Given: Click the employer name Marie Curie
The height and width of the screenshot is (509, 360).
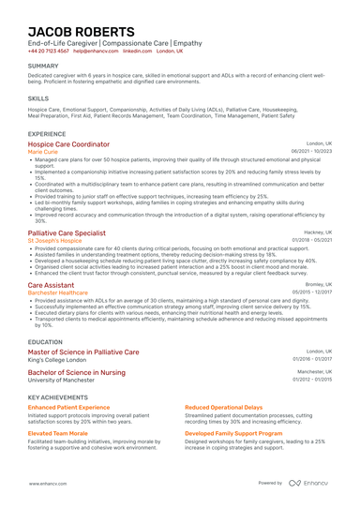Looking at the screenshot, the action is [43, 151].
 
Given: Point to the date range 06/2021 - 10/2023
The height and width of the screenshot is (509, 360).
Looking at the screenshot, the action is [311, 151].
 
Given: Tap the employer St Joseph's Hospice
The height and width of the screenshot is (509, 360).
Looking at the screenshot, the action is [54, 239].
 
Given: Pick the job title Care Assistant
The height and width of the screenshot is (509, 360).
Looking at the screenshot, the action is [51, 284].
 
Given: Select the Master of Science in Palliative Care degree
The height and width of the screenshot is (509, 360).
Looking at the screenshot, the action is [83, 352].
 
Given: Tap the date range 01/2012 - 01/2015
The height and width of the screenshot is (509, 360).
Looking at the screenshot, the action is [311, 380].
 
